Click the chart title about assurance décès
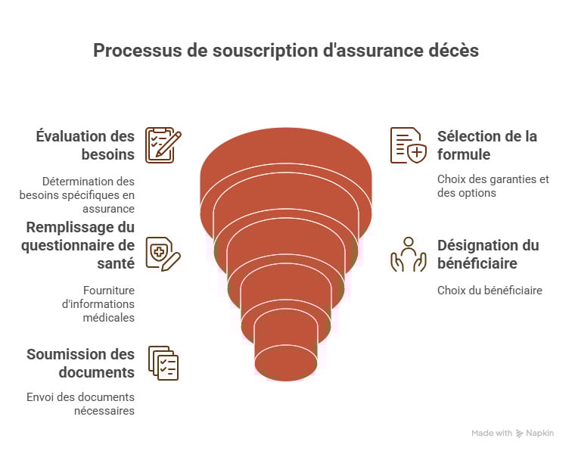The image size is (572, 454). [x=285, y=51]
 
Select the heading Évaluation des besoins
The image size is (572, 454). [x=85, y=145]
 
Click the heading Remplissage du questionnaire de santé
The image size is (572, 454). [x=80, y=245]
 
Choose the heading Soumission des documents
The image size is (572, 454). [x=80, y=363]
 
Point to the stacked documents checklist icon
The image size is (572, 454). [x=163, y=363]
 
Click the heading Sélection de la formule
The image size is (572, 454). [x=487, y=145]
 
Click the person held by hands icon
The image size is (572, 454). [x=409, y=254]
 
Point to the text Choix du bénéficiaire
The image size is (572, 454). [x=490, y=290]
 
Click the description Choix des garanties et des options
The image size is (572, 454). [x=493, y=186]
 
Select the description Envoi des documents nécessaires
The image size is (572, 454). [x=80, y=404]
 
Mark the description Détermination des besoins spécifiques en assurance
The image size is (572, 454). [x=77, y=195]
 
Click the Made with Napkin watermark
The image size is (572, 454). [x=512, y=434]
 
